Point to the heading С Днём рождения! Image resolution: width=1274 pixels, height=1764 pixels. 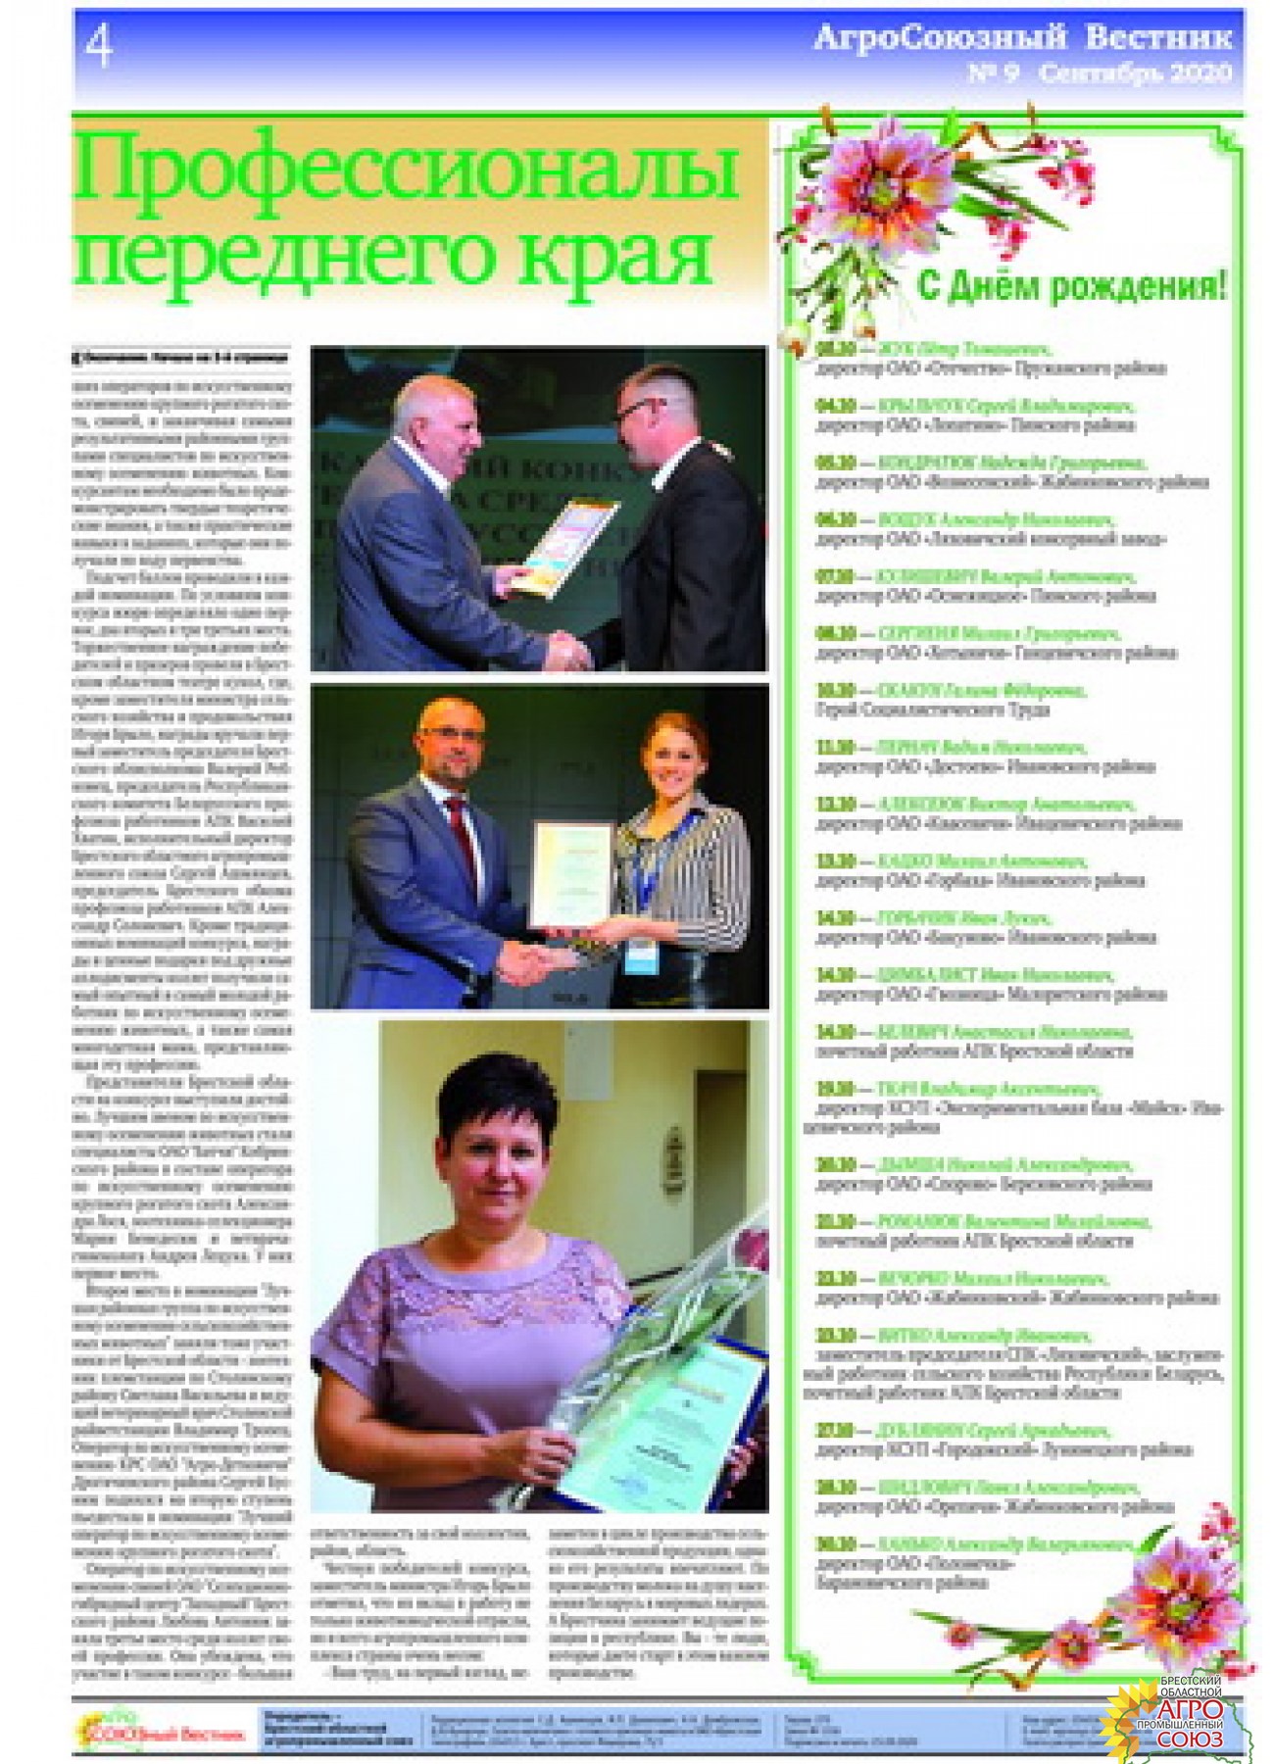1070,287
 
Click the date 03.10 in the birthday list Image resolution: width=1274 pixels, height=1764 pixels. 835,350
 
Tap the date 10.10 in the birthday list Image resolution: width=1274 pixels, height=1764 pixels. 835,691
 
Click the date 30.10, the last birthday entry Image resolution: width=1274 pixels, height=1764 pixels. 835,1544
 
